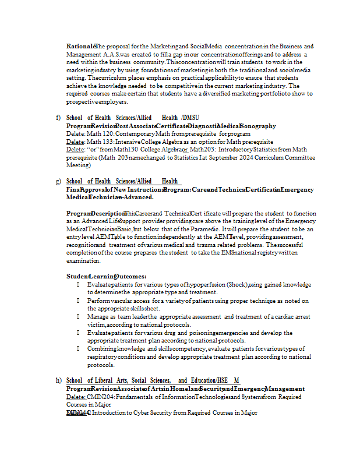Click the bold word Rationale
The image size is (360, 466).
[81, 46]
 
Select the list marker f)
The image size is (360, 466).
[58, 118]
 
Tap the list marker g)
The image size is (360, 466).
[58, 181]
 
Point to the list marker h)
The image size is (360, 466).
[58, 380]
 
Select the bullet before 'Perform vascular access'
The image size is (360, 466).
[78, 301]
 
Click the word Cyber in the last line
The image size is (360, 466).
[143, 412]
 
